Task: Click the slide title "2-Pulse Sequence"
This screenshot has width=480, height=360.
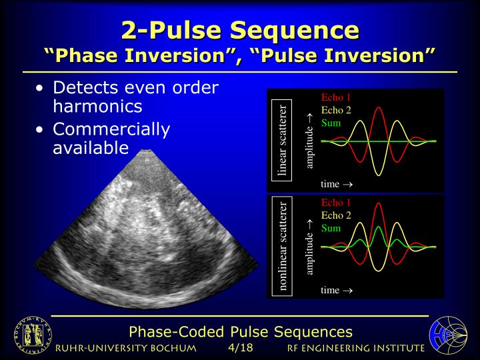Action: point(240,29)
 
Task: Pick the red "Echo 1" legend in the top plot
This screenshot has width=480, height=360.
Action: point(336,97)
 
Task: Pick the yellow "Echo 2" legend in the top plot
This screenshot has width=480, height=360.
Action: point(336,110)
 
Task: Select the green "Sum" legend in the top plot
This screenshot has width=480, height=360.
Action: point(331,123)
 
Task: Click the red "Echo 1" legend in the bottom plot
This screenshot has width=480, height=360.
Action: point(336,203)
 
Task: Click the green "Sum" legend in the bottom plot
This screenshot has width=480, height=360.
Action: point(331,228)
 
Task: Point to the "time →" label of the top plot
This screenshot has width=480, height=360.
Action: point(336,183)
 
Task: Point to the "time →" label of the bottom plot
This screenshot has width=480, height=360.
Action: point(336,290)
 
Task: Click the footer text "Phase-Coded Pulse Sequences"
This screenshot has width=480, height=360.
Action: point(240,331)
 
